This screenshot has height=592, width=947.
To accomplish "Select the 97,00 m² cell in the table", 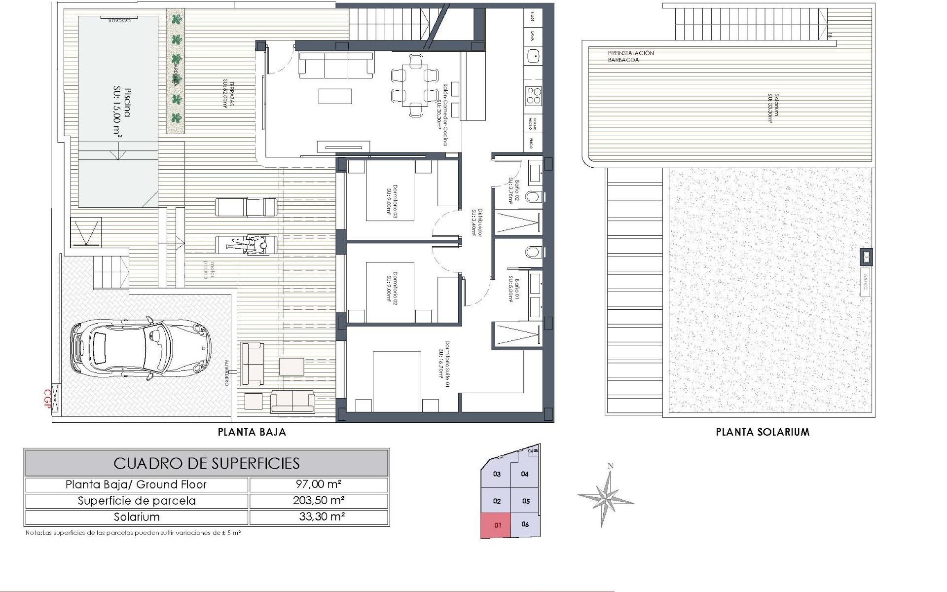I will (x=319, y=484).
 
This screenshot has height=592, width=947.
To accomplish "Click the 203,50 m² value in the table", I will (x=319, y=501).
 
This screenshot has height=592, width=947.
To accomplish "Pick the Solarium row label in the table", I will (x=137, y=517).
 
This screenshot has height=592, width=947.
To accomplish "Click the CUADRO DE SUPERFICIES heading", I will (x=207, y=463).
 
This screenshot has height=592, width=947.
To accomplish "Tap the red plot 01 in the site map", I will (x=497, y=525).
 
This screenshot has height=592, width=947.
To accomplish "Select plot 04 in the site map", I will (x=525, y=474).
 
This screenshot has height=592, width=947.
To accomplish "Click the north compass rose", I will (x=606, y=496).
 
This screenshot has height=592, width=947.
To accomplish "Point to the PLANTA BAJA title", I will (x=252, y=432).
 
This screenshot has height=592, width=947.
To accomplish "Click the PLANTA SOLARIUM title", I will (x=763, y=432).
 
